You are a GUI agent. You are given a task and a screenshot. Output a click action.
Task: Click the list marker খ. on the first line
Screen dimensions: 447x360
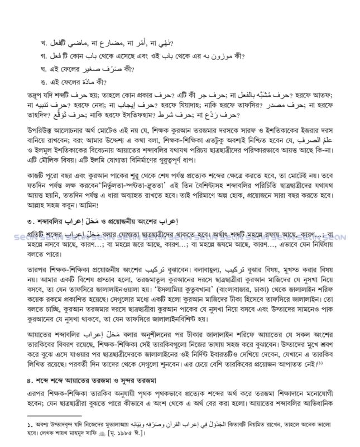[x=40, y=43]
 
